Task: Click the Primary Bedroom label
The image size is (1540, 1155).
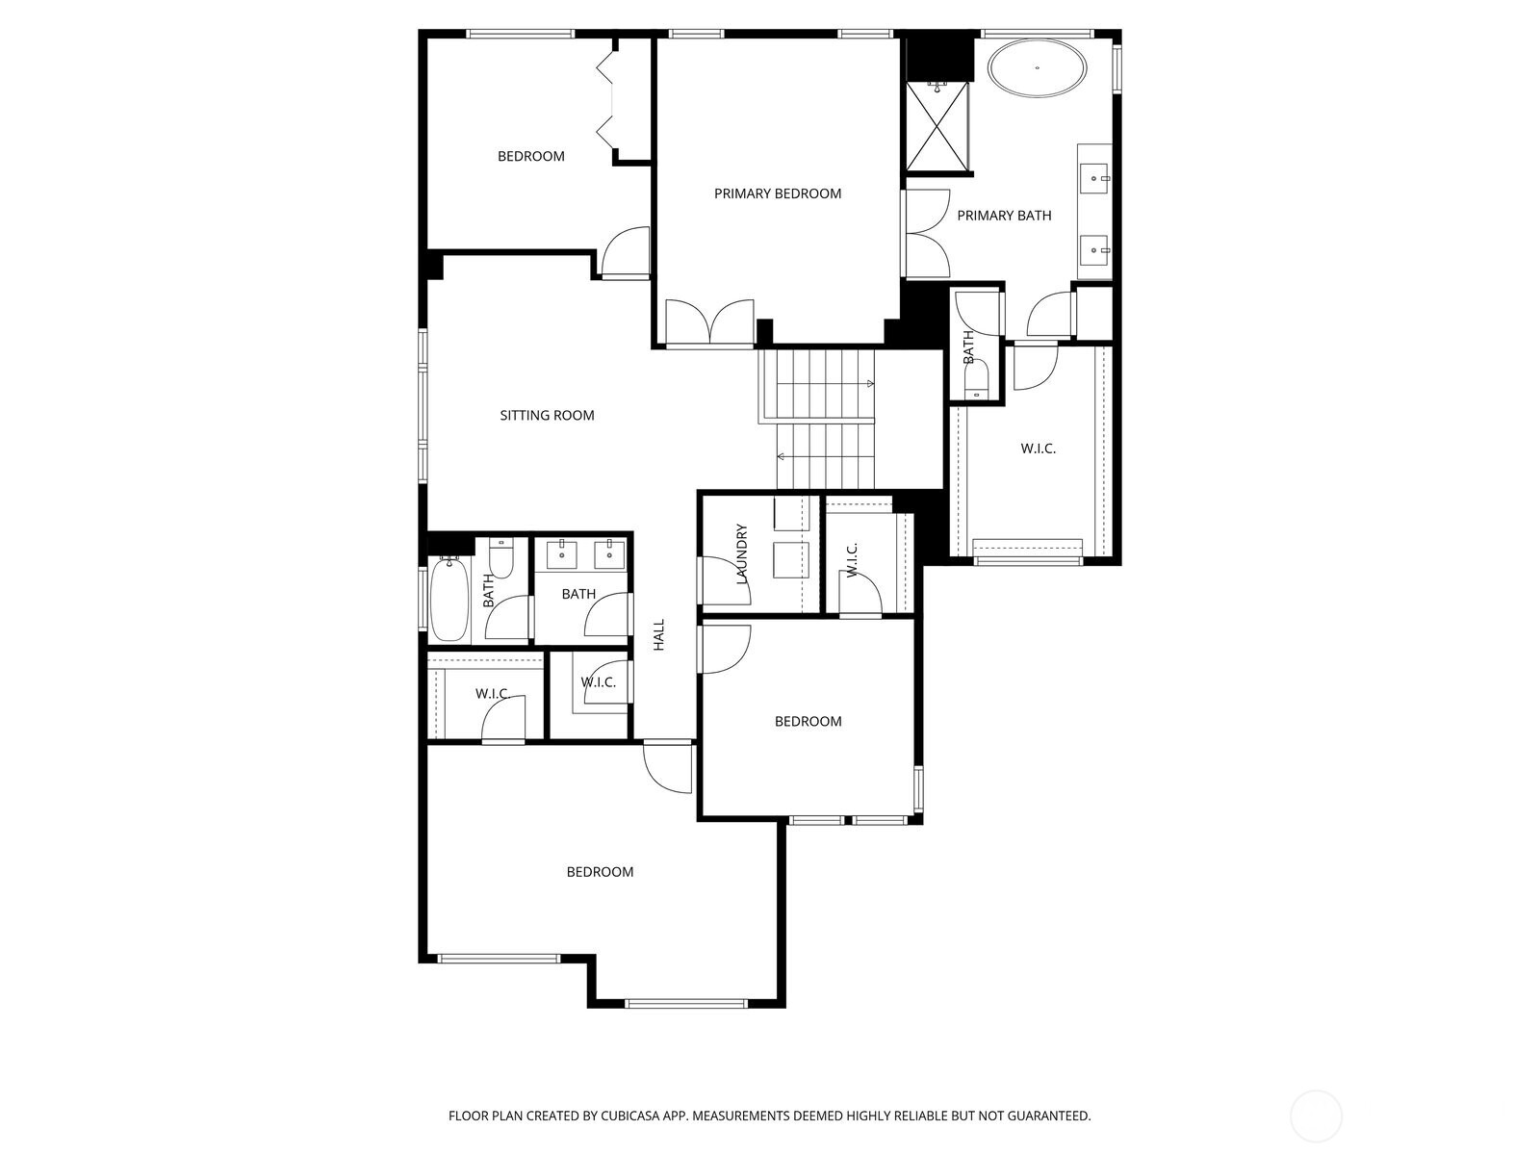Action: pos(777,193)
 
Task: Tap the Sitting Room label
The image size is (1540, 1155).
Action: pos(547,416)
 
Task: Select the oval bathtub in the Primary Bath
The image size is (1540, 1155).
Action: pos(1038,67)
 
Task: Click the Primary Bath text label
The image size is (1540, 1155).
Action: pos(1004,216)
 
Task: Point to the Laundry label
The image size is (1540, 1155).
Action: pos(742,554)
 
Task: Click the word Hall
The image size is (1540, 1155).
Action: pos(659,634)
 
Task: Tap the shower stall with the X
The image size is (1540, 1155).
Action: pos(937,128)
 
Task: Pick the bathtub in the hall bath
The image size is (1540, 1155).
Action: pos(449,599)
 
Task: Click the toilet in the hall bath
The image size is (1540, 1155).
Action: pos(501,558)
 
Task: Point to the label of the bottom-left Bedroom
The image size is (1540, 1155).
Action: pos(600,872)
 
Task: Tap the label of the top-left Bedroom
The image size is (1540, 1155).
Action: pos(530,156)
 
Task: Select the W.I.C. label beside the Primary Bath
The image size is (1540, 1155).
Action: pos(1038,449)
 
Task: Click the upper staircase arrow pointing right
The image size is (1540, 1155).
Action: pos(869,384)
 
